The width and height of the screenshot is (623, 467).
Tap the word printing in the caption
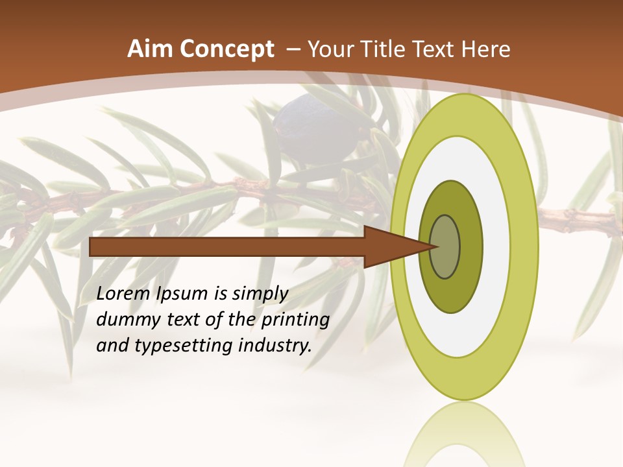(296, 320)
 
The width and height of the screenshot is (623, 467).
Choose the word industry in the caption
(273, 345)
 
